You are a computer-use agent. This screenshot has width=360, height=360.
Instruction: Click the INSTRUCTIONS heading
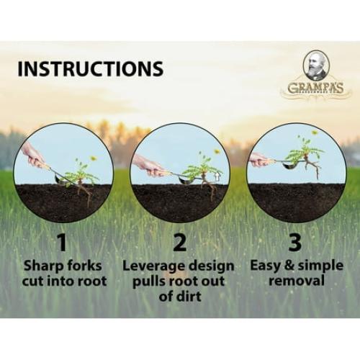90,69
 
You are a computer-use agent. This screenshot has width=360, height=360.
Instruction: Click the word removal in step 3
297,280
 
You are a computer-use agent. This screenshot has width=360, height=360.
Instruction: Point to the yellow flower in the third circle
315,133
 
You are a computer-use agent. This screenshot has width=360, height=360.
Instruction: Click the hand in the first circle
33,155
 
